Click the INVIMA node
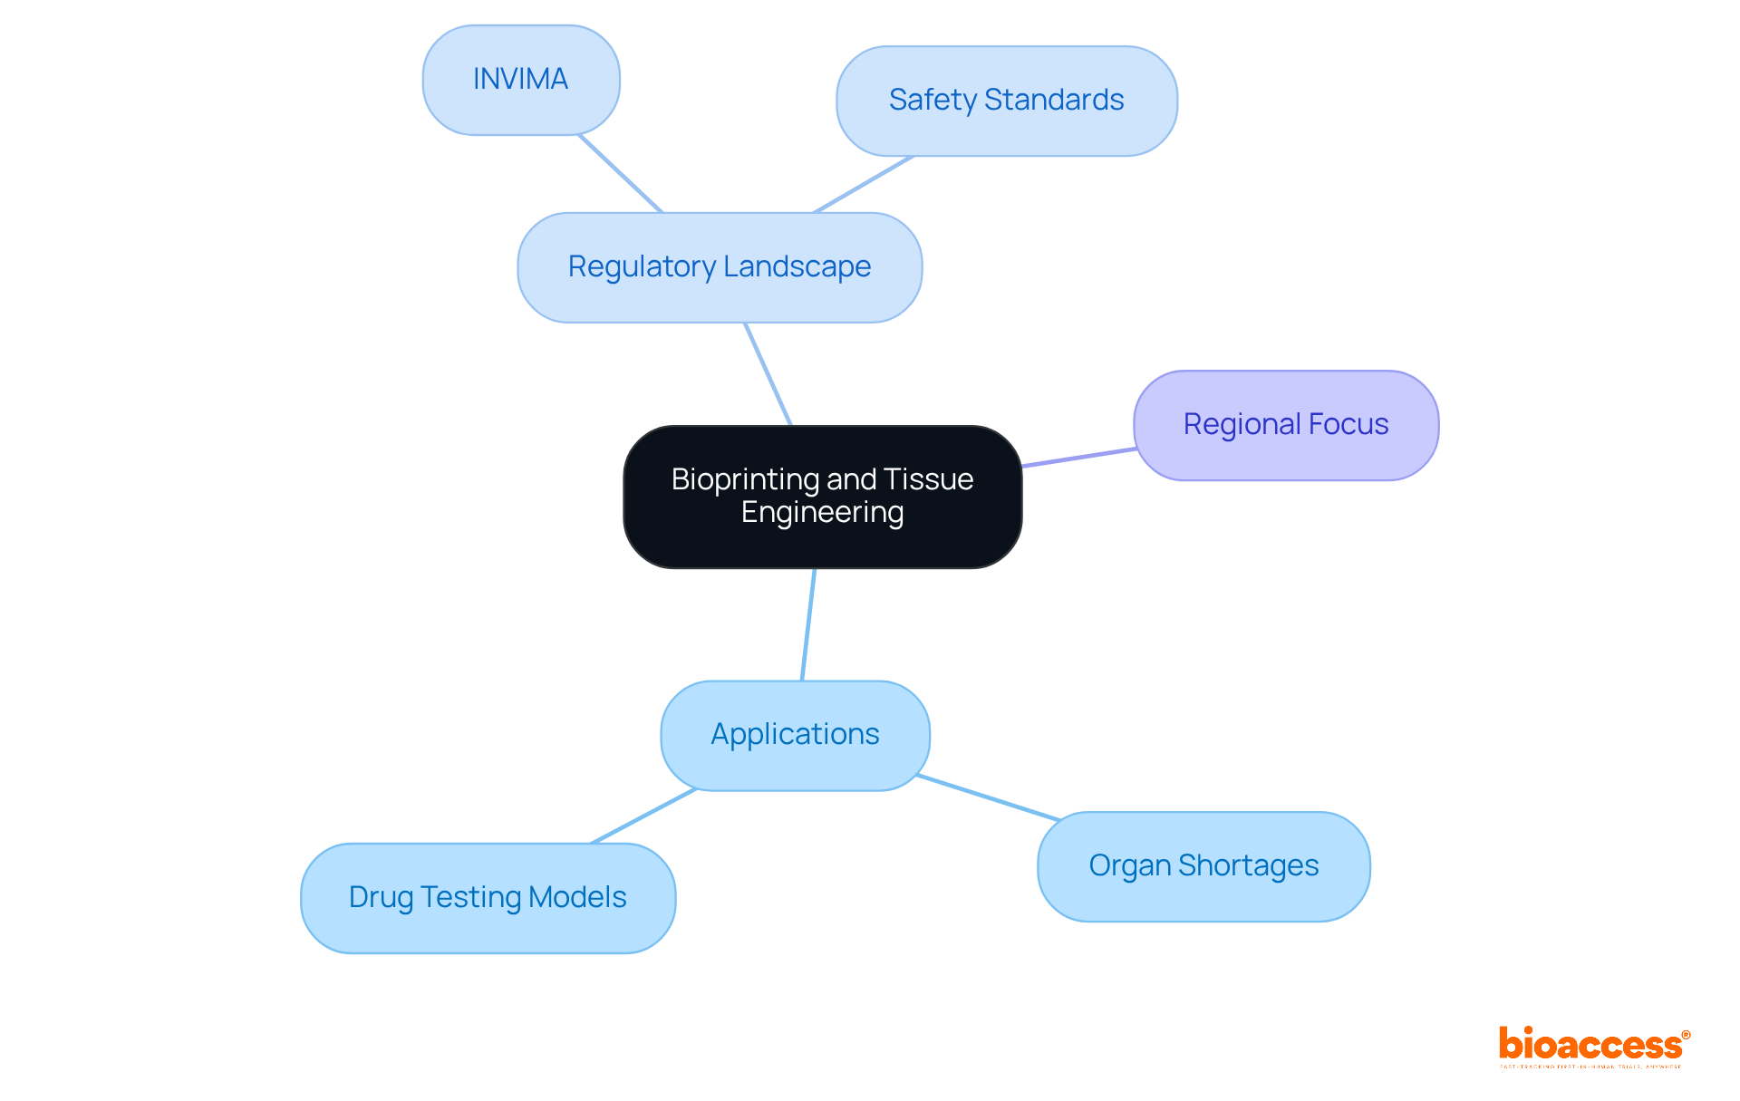pyautogui.click(x=521, y=80)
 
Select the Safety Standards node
pyautogui.click(x=1006, y=101)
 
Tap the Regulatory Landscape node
pyautogui.click(x=720, y=267)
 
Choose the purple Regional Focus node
pyautogui.click(x=1285, y=425)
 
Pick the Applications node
pyautogui.click(x=795, y=735)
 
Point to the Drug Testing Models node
pyautogui.click(x=488, y=898)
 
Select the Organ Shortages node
pyautogui.click(x=1203, y=866)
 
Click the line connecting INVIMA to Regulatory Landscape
pyautogui.click(x=621, y=174)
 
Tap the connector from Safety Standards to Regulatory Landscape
pyautogui.click(x=864, y=185)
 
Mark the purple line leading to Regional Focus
pyautogui.click(x=1078, y=458)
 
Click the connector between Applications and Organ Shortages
pyautogui.click(x=988, y=798)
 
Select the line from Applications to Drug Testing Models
pyautogui.click(x=643, y=816)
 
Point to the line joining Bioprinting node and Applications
pyautogui.click(x=808, y=625)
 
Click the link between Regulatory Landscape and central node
pyautogui.click(x=768, y=374)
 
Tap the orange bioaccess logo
pyautogui.click(x=1593, y=1045)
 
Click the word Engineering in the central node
pyautogui.click(x=822, y=513)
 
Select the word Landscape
pyautogui.click(x=797, y=267)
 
